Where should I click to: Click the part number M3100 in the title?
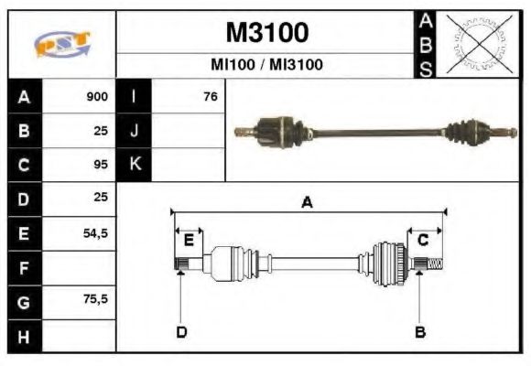(266, 33)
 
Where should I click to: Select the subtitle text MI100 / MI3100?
(266, 66)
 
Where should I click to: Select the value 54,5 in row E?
(95, 233)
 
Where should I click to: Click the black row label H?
(24, 336)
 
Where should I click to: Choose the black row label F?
(24, 268)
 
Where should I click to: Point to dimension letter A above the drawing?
(307, 203)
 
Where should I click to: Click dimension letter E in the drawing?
(189, 241)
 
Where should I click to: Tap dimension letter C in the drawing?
(424, 240)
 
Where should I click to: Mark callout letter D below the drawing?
(181, 331)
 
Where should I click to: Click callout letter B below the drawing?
(420, 331)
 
